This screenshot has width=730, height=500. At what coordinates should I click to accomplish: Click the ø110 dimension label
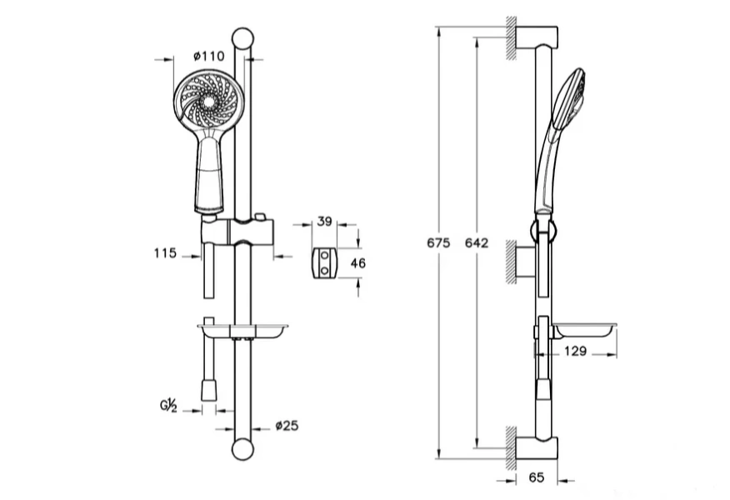pos(209,56)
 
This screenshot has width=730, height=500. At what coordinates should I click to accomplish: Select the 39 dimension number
pos(326,222)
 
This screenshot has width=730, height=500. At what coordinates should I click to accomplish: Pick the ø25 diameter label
pos(287,426)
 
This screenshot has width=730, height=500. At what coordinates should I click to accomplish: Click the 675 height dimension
pos(437,243)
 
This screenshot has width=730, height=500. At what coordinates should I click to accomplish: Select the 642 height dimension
pos(476,243)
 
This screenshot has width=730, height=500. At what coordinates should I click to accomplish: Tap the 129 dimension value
pos(573,352)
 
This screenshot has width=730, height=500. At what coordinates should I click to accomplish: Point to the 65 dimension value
pos(536,477)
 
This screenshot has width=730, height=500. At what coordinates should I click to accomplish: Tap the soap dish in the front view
pos(242,331)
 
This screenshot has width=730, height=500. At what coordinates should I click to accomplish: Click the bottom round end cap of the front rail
pos(242,448)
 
